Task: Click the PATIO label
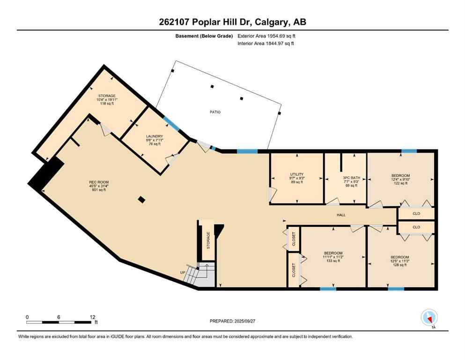click(x=215, y=112)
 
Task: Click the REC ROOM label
click(x=99, y=182)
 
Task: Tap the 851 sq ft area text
click(x=99, y=190)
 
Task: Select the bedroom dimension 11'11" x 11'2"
click(x=333, y=257)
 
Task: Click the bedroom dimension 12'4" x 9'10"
click(x=400, y=180)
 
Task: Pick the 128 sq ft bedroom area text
click(x=400, y=265)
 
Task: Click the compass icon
click(x=429, y=317)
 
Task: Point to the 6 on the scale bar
click(x=59, y=317)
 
